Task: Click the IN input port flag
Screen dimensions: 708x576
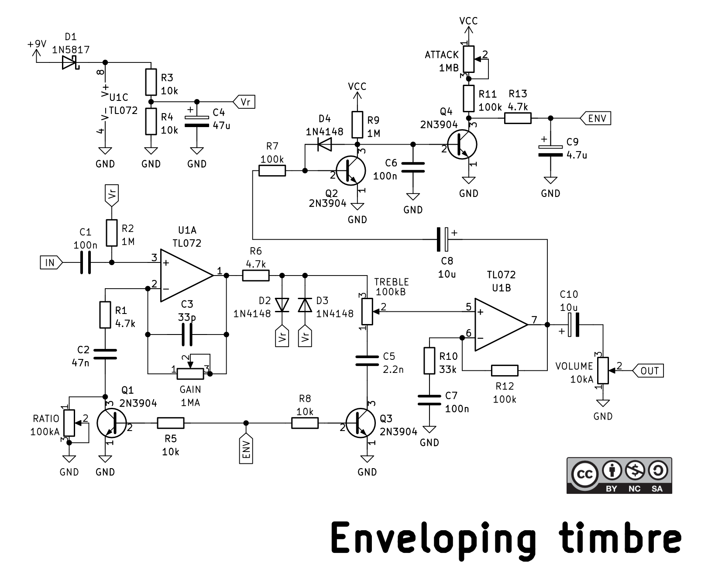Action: [x=51, y=262]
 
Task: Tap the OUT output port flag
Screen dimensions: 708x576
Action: [x=647, y=370]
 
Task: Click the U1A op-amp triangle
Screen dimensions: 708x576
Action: [x=186, y=276]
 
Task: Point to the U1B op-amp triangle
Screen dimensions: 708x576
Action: [x=501, y=324]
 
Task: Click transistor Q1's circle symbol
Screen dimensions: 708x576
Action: [x=112, y=423]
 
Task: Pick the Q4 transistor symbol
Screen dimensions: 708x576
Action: [x=462, y=145]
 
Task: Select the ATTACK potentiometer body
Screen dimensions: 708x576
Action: [x=469, y=59]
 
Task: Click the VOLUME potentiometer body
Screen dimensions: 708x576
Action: [x=603, y=370]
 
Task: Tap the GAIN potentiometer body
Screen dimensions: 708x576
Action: [x=190, y=374]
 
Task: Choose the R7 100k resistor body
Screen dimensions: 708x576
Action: [x=272, y=171]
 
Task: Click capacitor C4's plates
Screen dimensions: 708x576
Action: [x=197, y=121]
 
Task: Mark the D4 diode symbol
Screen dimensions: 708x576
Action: [x=324, y=145]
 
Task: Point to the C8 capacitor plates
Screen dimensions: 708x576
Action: [x=443, y=239]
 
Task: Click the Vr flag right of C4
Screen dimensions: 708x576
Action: [x=244, y=102]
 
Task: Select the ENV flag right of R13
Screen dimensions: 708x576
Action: [x=596, y=118]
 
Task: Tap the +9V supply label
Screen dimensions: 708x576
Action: [x=37, y=44]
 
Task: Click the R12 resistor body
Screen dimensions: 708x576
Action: [x=505, y=370]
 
